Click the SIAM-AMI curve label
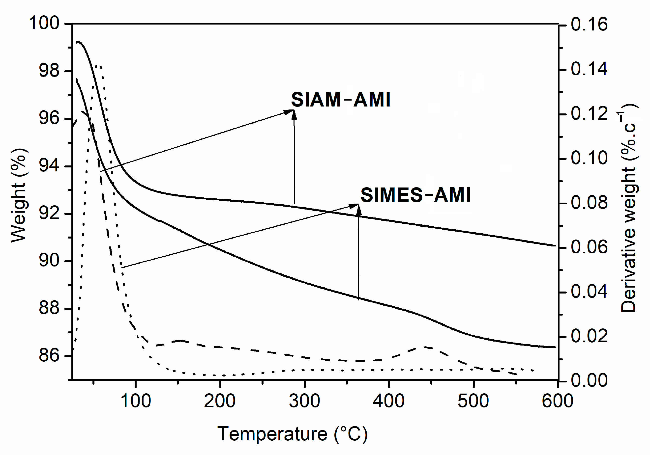pos(341,100)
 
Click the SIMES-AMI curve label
pos(415,195)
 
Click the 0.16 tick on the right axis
pos(589,24)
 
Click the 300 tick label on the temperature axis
pos(304,401)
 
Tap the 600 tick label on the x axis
pos(558,401)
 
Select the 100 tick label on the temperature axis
pos(136,401)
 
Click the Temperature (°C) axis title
pos(293,434)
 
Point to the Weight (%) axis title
pos(19,195)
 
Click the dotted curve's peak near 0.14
pos(98,66)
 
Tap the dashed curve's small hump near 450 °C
pos(425,347)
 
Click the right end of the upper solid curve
pos(555,245)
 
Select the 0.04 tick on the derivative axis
pos(589,291)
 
